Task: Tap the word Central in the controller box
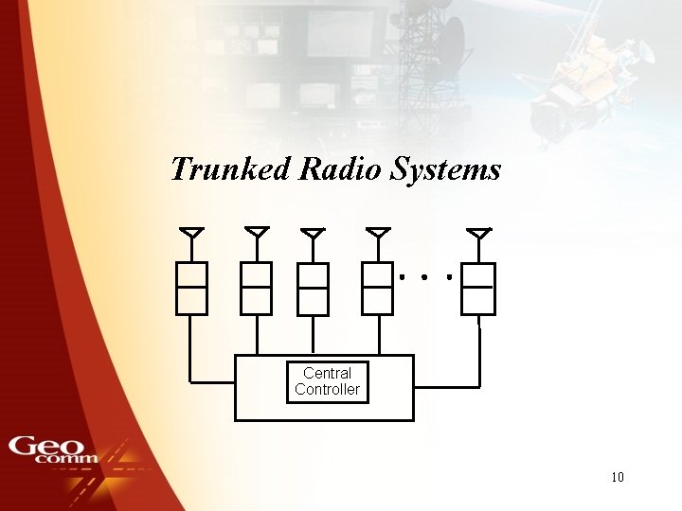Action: [x=327, y=374]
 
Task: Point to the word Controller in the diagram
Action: [x=327, y=389]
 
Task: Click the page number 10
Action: [x=618, y=477]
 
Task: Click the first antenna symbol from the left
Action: [x=191, y=233]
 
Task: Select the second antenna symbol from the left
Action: [x=257, y=233]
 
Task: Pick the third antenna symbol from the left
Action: [x=313, y=234]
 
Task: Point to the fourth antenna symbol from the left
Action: [x=378, y=233]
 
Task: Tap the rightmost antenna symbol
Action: [x=478, y=233]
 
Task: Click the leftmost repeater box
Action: [x=191, y=288]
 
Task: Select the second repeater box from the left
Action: [x=257, y=288]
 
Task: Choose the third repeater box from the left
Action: [x=313, y=289]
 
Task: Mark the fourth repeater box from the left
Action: [x=378, y=288]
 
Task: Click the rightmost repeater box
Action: [x=478, y=288]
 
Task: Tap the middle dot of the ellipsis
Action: [x=424, y=278]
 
